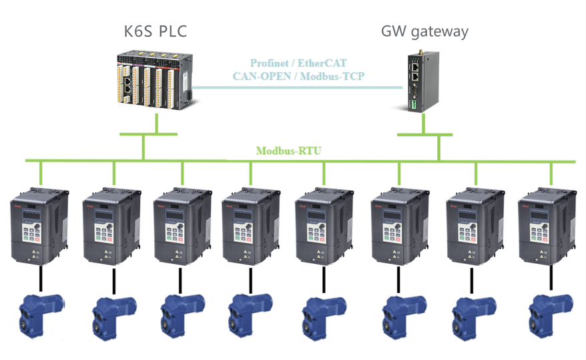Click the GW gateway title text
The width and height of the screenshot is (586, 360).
[424, 31]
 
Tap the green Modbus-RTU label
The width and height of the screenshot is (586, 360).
[288, 151]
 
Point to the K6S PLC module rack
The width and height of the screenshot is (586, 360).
[154, 82]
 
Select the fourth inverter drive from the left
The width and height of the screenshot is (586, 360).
[250, 227]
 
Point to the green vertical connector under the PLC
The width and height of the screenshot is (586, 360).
[157, 124]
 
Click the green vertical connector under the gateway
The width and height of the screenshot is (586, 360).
[438, 147]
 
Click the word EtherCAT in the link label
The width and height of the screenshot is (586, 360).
[323, 63]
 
